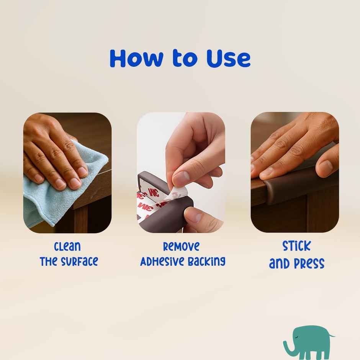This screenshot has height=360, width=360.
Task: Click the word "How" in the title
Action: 136,58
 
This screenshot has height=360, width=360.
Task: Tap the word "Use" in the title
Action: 228,58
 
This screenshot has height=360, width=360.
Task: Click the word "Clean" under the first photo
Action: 67,246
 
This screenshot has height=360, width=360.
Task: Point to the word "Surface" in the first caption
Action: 79,262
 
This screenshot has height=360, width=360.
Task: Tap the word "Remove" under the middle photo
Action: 181,246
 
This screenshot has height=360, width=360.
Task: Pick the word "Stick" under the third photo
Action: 296,246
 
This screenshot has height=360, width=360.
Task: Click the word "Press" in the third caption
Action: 309,263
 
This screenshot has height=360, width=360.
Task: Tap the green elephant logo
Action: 308,342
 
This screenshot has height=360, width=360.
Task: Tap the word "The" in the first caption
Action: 49,262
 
